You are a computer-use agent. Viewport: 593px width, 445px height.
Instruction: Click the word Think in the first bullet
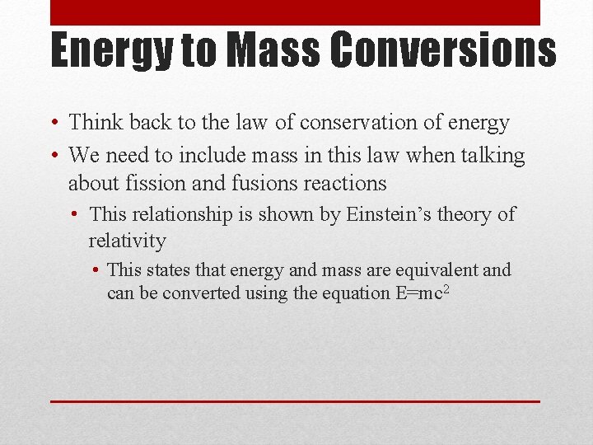(95, 123)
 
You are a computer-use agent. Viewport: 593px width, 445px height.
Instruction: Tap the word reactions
(346, 182)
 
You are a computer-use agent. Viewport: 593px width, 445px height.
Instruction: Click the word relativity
(127, 241)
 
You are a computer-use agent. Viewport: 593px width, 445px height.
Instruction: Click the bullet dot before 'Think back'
(54, 124)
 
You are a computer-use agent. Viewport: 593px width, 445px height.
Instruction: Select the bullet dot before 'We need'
(54, 155)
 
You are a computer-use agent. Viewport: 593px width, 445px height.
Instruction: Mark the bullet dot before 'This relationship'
(75, 215)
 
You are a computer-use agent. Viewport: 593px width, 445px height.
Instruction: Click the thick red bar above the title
(295, 12)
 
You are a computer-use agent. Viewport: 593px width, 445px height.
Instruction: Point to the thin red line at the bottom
(295, 401)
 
